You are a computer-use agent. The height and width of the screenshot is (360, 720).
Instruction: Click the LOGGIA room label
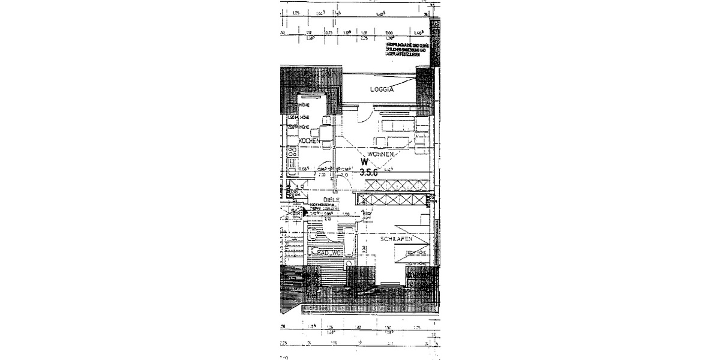[x=382, y=89]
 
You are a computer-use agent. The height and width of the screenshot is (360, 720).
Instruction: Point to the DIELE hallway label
[x=332, y=200]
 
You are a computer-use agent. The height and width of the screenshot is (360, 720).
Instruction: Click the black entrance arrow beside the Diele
[x=305, y=211]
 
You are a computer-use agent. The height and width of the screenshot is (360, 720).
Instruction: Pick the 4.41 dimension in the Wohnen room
[x=389, y=170]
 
